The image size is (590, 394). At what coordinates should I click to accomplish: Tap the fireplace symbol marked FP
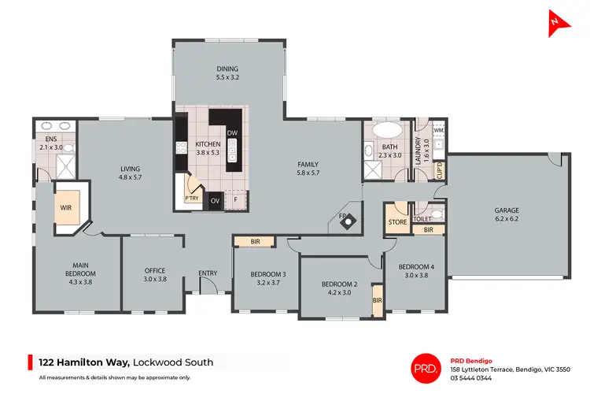pos(345,222)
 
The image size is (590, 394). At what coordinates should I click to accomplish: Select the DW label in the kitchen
pos(232,133)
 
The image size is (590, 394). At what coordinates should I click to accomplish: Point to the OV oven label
pos(215,201)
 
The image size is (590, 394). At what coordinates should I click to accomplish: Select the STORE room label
pos(397,223)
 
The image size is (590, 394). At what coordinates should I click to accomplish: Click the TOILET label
pos(422,218)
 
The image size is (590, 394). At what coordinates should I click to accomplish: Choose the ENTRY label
pos(208,273)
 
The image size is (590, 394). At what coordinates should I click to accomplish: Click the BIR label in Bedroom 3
pos(255,241)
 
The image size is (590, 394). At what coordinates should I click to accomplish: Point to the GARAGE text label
pos(507,210)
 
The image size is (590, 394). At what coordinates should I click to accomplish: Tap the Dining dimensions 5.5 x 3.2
pos(227,78)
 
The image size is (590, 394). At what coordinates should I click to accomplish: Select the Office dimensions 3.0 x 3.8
pos(155,279)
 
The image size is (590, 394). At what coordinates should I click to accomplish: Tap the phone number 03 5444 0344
pos(471,378)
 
